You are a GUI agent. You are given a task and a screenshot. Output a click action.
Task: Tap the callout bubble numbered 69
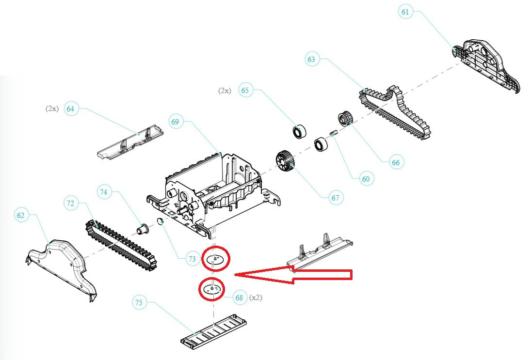176,122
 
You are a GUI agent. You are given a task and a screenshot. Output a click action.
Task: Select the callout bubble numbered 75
139,303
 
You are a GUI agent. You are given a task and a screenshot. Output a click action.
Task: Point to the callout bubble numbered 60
365,179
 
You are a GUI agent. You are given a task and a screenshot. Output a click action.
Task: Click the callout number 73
192,259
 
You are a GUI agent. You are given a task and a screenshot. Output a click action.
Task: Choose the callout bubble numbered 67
335,198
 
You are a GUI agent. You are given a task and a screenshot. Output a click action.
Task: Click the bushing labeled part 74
144,228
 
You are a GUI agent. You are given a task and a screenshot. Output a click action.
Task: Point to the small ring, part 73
159,222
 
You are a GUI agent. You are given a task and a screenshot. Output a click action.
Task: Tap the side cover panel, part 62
60,266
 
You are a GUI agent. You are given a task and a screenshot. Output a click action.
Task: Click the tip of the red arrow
236,275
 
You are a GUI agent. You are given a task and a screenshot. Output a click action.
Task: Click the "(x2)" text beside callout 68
256,298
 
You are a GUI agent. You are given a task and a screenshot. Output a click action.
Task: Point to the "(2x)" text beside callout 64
52,109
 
